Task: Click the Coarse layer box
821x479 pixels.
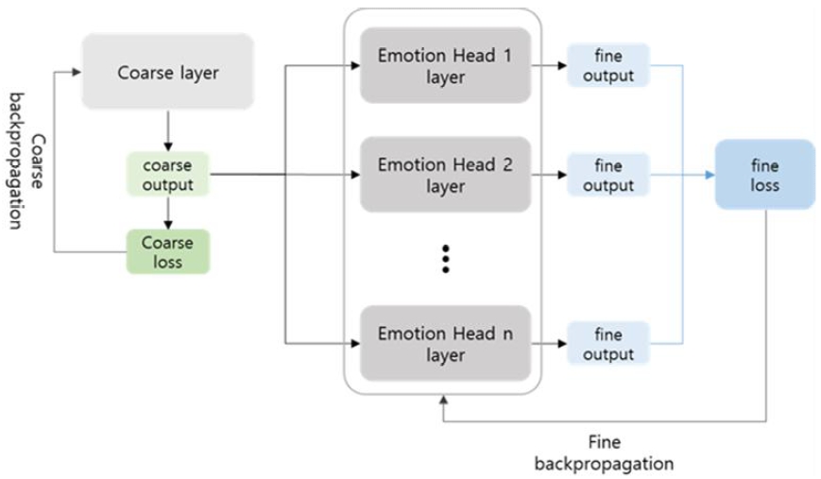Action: (167, 72)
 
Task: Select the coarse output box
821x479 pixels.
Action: (167, 174)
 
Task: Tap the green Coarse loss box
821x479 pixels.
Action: (167, 251)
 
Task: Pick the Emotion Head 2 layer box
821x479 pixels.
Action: (444, 175)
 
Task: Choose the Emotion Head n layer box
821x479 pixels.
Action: (444, 344)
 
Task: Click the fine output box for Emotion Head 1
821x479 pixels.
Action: (608, 66)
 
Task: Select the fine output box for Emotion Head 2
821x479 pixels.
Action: (608, 175)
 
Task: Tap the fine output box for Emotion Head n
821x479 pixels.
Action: (608, 344)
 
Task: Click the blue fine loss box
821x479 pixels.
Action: (764, 175)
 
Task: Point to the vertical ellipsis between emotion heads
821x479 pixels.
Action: (444, 259)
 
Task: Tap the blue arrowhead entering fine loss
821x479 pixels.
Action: (709, 175)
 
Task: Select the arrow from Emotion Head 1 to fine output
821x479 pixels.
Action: (548, 66)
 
